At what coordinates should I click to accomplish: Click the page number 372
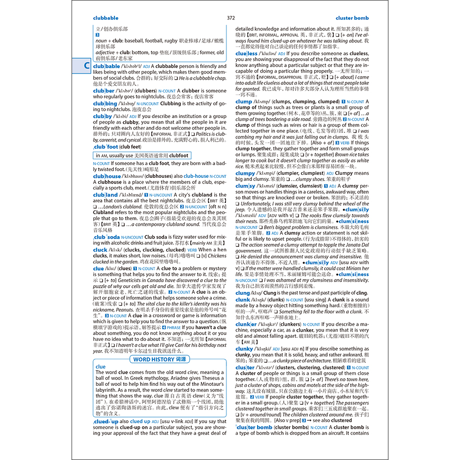coord(231,18)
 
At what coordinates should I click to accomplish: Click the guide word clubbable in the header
coord(106,18)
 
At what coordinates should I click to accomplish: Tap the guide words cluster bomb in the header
coord(352,18)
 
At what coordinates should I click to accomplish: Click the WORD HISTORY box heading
coord(159,359)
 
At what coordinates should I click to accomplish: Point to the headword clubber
coord(104,91)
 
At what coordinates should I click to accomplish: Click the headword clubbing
coord(105,104)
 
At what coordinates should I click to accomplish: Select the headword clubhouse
coord(107,176)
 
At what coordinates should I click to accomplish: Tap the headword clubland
coord(105,195)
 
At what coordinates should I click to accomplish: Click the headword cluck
coord(100,250)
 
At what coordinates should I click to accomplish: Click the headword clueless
coord(247,53)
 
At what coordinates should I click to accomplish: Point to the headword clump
coord(244,102)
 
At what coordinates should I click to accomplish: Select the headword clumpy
coord(245,173)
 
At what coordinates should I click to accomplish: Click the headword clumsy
coord(245,186)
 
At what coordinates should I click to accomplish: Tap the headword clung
coord(243,293)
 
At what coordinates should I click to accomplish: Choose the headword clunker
coord(246,324)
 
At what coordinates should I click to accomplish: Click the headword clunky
coord(244,349)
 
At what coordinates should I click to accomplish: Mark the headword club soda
coord(106,237)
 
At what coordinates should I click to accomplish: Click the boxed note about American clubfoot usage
coord(142,155)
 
